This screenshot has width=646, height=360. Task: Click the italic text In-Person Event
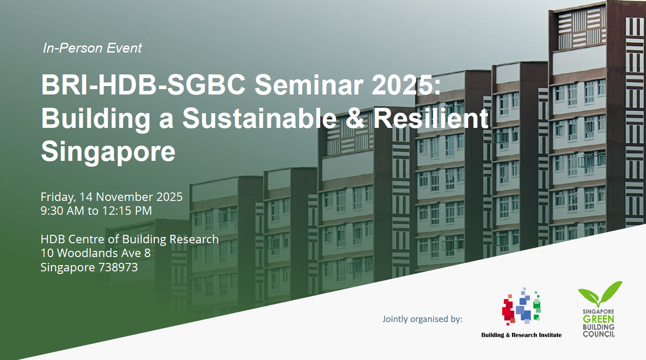[92, 48]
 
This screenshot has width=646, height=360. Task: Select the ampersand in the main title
[355, 118]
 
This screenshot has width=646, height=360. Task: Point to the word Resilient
[431, 118]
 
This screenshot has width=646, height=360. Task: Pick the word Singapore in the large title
[108, 152]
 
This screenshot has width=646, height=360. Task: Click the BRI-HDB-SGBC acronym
[143, 85]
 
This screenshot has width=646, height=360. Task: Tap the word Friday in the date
[58, 197]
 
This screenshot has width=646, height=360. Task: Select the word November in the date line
[124, 197]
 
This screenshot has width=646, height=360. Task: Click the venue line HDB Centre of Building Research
[129, 240]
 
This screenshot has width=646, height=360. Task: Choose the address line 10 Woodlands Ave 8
[95, 253]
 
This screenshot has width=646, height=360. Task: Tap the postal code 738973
[118, 267]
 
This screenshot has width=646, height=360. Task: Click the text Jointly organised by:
[422, 319]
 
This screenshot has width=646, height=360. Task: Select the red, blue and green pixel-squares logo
[521, 306]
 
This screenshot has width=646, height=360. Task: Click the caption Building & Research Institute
[522, 335]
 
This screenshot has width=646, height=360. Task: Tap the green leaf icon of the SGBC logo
[600, 294]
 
